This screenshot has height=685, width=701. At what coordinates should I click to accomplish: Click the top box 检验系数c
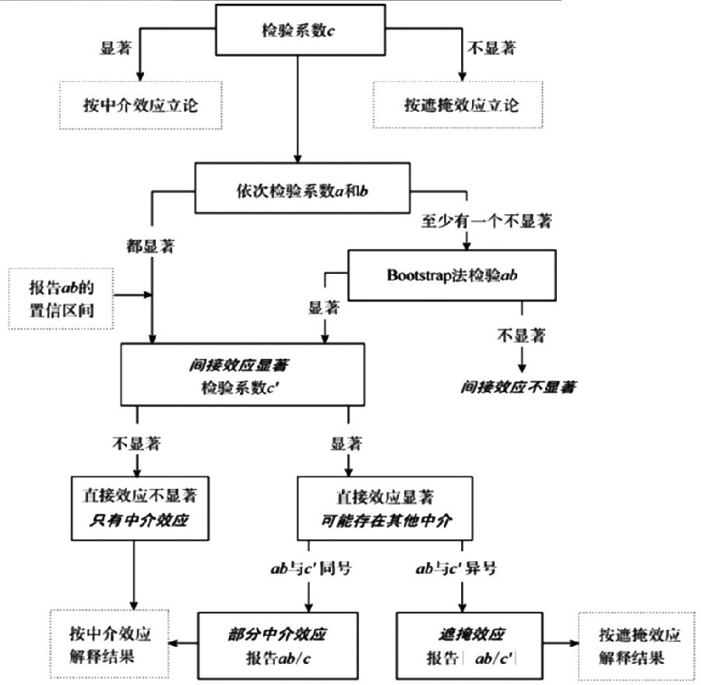[298, 32]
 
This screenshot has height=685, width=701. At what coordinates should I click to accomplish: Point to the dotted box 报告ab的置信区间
[60, 296]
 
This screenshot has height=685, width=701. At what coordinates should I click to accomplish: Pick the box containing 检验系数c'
[241, 374]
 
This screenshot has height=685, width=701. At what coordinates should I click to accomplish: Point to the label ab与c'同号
[312, 569]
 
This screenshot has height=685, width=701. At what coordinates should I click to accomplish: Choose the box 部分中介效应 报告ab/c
[278, 644]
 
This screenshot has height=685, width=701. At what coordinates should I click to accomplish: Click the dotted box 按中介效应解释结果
[109, 644]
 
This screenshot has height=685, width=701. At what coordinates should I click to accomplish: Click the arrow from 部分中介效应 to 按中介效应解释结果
[185, 644]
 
